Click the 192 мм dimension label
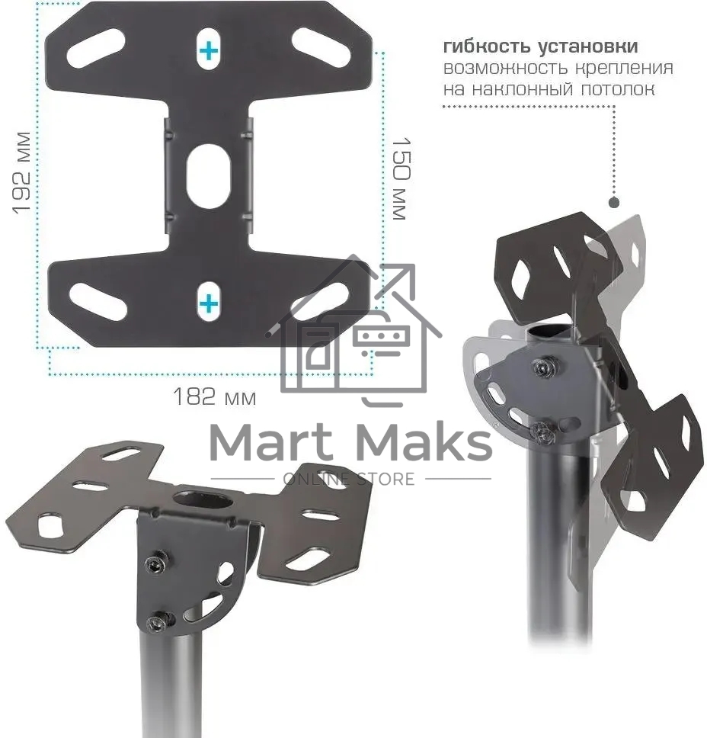point(21,173)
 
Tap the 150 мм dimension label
point(401,179)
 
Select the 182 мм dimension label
point(215,396)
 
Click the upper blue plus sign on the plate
point(209,50)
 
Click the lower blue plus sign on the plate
point(209,303)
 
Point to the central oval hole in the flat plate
point(209,176)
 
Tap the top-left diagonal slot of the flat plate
point(96,48)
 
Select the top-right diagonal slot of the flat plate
point(322,48)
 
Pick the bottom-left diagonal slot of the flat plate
point(98,302)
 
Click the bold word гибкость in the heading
point(488,46)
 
